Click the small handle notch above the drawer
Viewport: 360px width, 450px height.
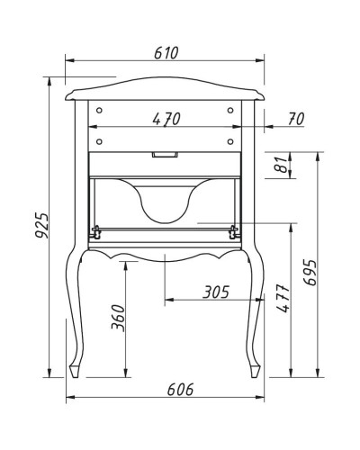[165, 155]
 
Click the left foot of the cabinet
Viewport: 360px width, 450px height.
[76, 369]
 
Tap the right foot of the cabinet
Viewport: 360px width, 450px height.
[256, 369]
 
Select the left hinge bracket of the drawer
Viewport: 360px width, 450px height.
[94, 231]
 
